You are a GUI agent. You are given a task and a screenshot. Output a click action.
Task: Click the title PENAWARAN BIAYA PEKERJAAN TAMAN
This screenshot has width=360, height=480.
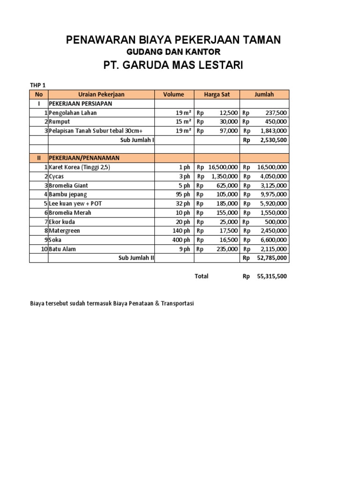pos(173,40)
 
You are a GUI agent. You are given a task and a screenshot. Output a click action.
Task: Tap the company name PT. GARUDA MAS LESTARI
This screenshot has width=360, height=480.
pos(173,65)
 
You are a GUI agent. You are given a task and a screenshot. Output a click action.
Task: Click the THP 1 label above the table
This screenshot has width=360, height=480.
pos(38,85)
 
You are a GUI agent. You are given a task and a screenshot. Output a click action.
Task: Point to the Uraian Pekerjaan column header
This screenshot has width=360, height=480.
pos(98,95)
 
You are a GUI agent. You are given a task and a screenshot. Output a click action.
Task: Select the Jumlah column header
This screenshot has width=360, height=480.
pos(264,95)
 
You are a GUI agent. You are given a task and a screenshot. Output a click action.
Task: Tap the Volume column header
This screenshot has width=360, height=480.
pos(173,95)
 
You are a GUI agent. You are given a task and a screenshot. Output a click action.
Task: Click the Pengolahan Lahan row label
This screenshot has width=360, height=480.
pos(73,113)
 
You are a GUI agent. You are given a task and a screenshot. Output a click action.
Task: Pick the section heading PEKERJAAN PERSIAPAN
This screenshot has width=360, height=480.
pos(80,104)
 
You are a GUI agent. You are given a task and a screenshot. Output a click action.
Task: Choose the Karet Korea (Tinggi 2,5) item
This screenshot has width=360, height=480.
pos(79,167)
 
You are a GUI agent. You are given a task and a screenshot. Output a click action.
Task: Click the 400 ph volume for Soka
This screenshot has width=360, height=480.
pos(181,240)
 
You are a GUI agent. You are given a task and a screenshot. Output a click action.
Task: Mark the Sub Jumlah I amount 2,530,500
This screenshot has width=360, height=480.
pos(272,140)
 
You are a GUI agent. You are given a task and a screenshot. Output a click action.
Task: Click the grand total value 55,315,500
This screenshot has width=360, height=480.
pos(272,277)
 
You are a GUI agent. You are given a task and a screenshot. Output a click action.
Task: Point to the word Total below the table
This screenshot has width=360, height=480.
pos(202,277)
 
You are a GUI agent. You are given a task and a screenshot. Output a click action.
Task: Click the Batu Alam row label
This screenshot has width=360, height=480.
pos(62,249)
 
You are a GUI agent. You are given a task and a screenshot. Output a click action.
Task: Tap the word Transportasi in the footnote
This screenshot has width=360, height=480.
pos(177,304)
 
